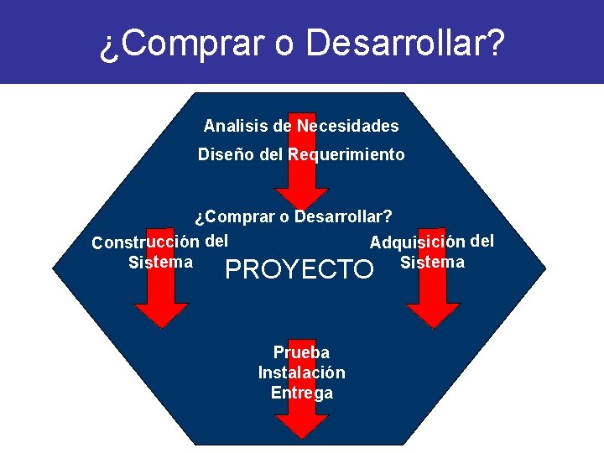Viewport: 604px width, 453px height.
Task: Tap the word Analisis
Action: [x=233, y=127]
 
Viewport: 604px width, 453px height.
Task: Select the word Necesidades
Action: [x=346, y=127]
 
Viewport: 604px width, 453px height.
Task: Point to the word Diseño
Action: [x=221, y=155]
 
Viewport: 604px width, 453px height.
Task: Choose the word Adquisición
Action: [x=417, y=242]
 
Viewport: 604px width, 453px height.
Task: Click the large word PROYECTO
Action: [x=299, y=269]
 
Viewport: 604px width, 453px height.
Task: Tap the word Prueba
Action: [x=302, y=352]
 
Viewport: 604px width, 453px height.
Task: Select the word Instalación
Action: [x=302, y=372]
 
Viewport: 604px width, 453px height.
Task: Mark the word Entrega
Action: [x=302, y=393]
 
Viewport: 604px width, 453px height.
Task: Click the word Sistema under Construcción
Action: [x=160, y=263]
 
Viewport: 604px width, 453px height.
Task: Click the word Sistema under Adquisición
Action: [x=433, y=263]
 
